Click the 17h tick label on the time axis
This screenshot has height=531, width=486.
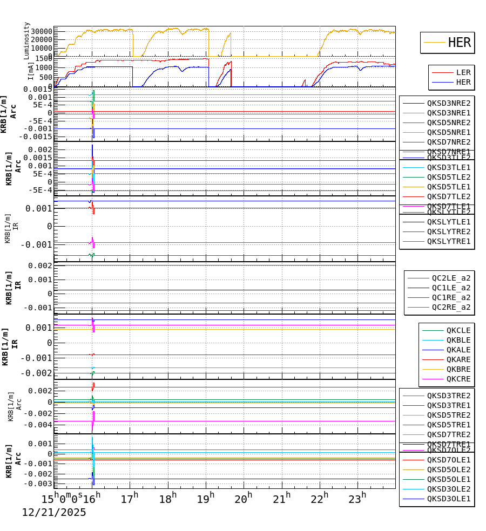[130, 499]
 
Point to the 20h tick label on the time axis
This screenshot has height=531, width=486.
[244, 499]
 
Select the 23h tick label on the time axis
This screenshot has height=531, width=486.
[357, 499]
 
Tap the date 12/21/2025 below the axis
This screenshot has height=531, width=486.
[54, 513]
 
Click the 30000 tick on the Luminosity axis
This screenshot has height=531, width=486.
[41, 31]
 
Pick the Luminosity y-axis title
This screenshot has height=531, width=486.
[27, 40]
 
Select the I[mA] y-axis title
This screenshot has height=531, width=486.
[30, 71]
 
